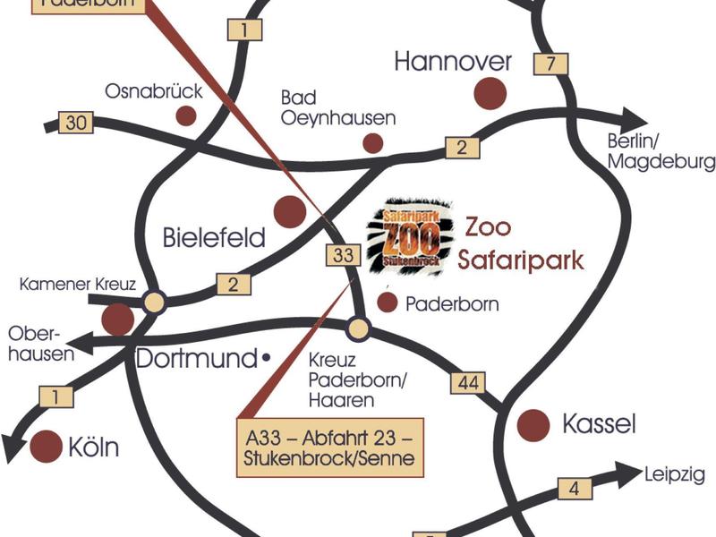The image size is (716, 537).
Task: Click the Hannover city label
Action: coord(453,61)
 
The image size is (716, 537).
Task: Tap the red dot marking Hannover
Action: coord(490,92)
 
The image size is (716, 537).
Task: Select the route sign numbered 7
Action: coord(550,64)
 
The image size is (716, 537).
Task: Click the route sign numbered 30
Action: coord(76,123)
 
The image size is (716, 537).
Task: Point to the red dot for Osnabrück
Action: coord(185,115)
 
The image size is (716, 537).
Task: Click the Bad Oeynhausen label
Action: coord(337,107)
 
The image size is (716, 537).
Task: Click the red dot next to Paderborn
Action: coord(387,303)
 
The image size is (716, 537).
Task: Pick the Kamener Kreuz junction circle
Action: coord(154,303)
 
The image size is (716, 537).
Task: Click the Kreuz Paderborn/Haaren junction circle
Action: coord(358,328)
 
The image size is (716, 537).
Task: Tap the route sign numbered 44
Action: coord(468,383)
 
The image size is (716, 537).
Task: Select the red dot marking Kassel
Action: coord(534,423)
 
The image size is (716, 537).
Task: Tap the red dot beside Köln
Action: coord(46,447)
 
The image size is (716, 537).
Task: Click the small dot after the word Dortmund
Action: coord(266,359)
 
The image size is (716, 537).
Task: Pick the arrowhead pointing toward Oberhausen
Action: coord(79,341)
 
